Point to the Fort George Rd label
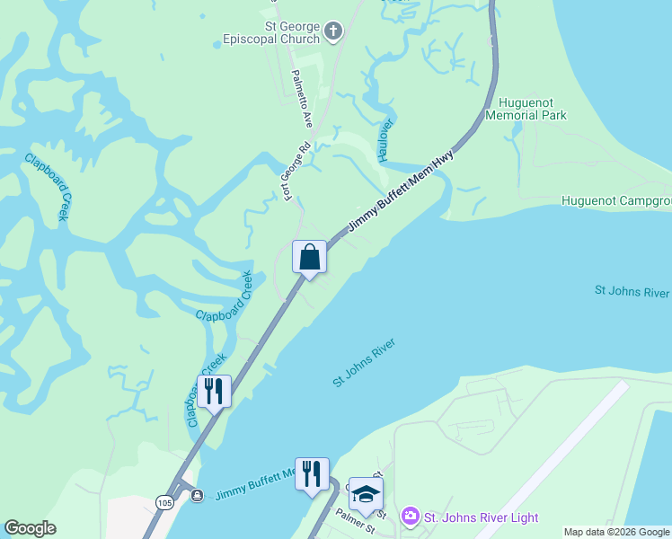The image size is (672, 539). (x=297, y=171)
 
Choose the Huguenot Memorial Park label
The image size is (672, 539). (x=526, y=109)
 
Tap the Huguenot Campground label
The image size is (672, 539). (x=616, y=200)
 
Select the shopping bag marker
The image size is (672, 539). (x=309, y=258)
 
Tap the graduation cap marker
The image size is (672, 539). (x=366, y=493)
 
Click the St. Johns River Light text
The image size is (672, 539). (x=481, y=517)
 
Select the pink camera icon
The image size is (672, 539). (x=411, y=517)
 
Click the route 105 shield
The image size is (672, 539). (x=163, y=500)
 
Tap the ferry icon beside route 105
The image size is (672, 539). (x=197, y=495)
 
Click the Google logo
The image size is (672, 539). (x=30, y=528)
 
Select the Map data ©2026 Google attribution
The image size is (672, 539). (x=616, y=532)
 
